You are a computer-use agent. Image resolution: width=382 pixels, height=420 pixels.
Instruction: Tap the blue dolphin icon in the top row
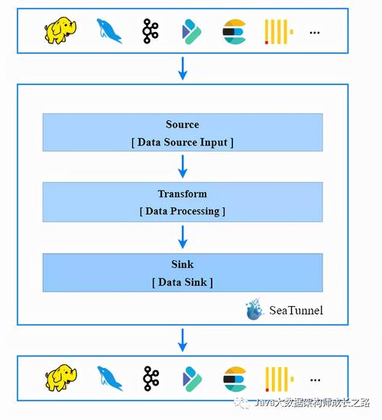pos(109,31)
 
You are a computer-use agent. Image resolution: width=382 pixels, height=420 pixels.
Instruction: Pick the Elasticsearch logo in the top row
pos(234,31)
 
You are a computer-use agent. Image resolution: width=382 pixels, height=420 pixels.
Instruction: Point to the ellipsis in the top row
pos(315,32)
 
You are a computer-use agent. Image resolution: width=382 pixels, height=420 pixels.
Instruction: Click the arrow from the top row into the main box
pos(182,69)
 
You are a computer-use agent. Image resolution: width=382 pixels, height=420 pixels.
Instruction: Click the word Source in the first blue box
pos(182,125)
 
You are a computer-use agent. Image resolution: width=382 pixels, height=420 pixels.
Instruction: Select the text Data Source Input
pos(182,142)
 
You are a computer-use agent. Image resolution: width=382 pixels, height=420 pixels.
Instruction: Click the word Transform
pos(182,194)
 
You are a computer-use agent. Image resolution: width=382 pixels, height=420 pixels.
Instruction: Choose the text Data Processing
pos(182,211)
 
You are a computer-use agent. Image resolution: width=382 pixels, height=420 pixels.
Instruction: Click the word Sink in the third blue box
pos(182,265)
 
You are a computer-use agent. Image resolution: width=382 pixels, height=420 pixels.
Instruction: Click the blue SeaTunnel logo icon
pos(254,309)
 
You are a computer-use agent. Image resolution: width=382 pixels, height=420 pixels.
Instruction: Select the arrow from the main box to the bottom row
pos(182,340)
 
